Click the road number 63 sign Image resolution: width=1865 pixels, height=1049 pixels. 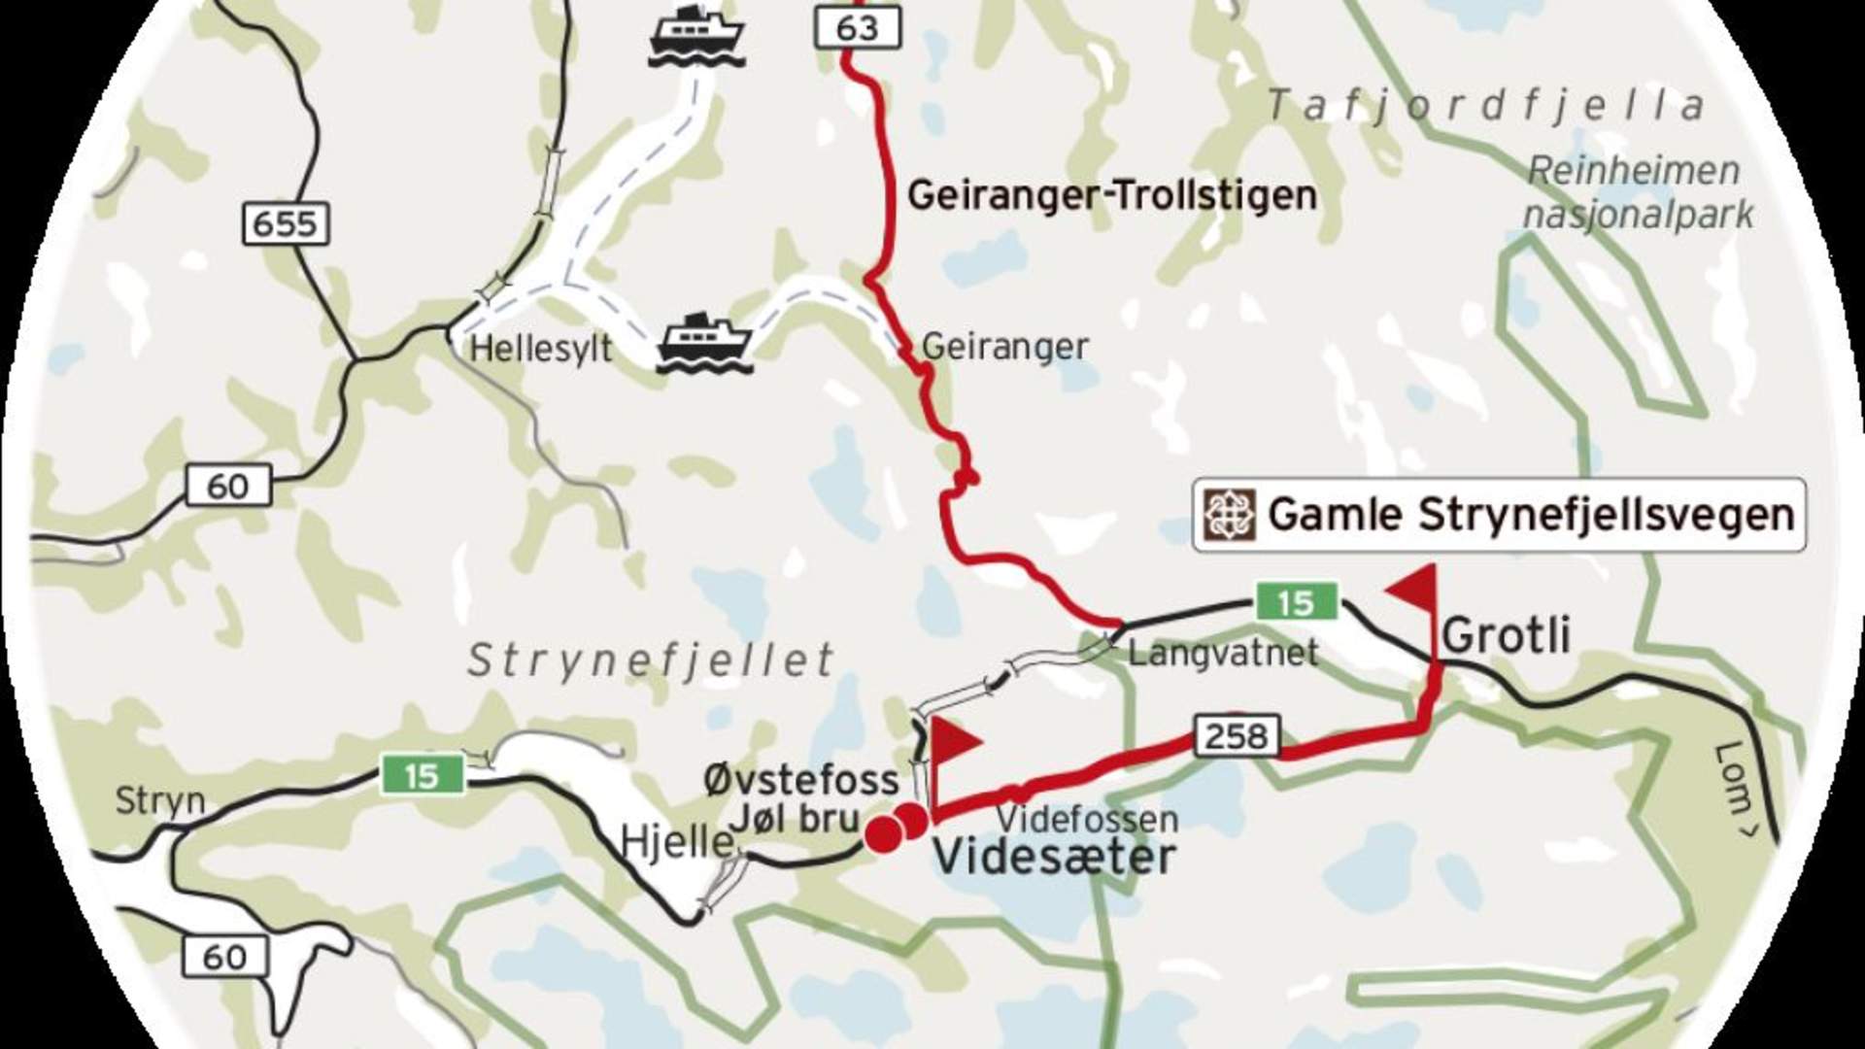[857, 28]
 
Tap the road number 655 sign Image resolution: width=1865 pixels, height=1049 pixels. [285, 224]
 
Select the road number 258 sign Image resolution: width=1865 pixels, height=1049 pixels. [1237, 736]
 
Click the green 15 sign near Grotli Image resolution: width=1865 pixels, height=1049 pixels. [1296, 602]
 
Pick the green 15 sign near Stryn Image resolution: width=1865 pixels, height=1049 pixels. [422, 775]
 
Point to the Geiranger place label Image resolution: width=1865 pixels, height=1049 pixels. [1004, 346]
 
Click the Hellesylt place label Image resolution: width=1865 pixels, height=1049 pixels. [541, 349]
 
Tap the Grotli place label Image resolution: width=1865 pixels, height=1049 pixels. [1506, 635]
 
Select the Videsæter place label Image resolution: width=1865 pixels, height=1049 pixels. [1054, 858]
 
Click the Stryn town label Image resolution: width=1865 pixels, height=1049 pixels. [160, 801]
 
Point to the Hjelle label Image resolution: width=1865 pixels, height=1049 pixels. [677, 841]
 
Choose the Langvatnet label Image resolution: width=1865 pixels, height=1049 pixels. [1223, 652]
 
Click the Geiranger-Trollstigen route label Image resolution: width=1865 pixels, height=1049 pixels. [1111, 195]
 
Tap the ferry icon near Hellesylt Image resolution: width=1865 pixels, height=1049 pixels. [704, 342]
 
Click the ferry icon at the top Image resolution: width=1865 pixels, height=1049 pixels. [696, 36]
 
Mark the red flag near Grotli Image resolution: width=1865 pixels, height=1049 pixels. [1414, 589]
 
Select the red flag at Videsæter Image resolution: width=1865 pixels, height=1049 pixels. [955, 741]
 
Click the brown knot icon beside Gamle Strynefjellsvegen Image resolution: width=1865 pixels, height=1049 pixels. [1230, 515]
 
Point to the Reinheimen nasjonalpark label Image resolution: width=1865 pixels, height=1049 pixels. [1637, 192]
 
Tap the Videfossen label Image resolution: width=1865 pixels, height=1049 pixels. [1087, 819]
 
